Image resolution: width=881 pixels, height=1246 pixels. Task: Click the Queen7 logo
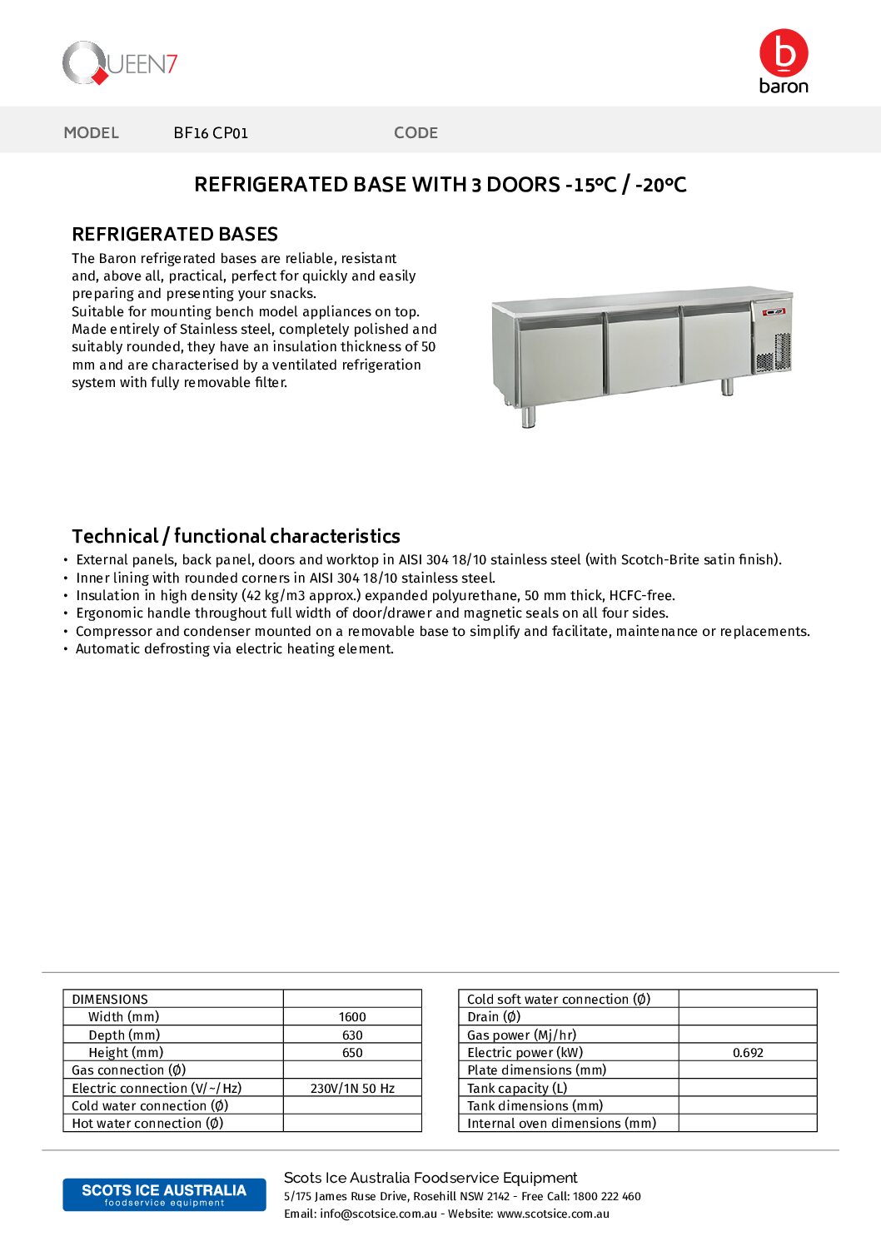[120, 63]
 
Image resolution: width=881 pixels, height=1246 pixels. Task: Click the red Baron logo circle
[784, 53]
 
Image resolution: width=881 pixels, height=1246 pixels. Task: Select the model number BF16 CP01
[211, 133]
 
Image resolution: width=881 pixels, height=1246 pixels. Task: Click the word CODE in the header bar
[416, 133]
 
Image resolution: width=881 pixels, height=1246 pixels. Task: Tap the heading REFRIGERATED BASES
[175, 235]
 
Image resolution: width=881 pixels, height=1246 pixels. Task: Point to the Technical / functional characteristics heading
[236, 536]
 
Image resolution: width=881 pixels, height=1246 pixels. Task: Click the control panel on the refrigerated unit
[773, 312]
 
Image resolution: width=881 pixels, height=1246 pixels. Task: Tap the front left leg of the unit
[528, 416]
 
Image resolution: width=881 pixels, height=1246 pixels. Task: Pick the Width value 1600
[352, 1017]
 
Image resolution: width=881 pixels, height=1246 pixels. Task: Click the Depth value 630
[352, 1035]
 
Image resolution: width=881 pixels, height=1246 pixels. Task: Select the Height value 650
[352, 1053]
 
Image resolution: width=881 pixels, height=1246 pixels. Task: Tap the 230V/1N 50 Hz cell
[352, 1089]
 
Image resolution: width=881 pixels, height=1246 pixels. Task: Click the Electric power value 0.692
[748, 1053]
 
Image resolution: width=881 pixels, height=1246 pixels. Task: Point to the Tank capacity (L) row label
[517, 1089]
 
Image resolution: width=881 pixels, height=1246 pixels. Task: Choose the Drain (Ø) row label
[494, 1017]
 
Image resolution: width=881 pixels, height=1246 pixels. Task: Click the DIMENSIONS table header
[110, 1000]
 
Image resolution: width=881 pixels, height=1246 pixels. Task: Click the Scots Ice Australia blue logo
[164, 1194]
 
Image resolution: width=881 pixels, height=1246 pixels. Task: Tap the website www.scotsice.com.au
[553, 1214]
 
